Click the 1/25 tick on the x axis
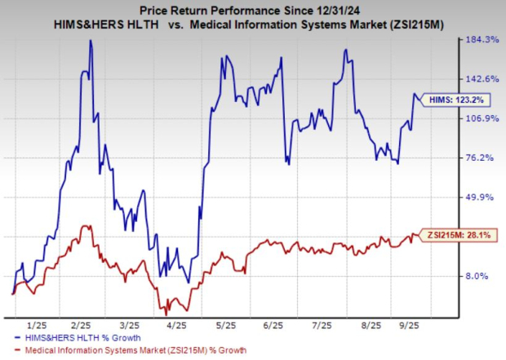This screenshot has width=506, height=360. click(x=38, y=325)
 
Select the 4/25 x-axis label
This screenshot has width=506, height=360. click(x=175, y=325)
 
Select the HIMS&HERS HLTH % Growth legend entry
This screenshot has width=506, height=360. click(x=82, y=336)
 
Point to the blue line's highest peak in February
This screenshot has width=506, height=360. click(x=90, y=41)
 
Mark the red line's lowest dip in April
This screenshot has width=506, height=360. click(x=166, y=313)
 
